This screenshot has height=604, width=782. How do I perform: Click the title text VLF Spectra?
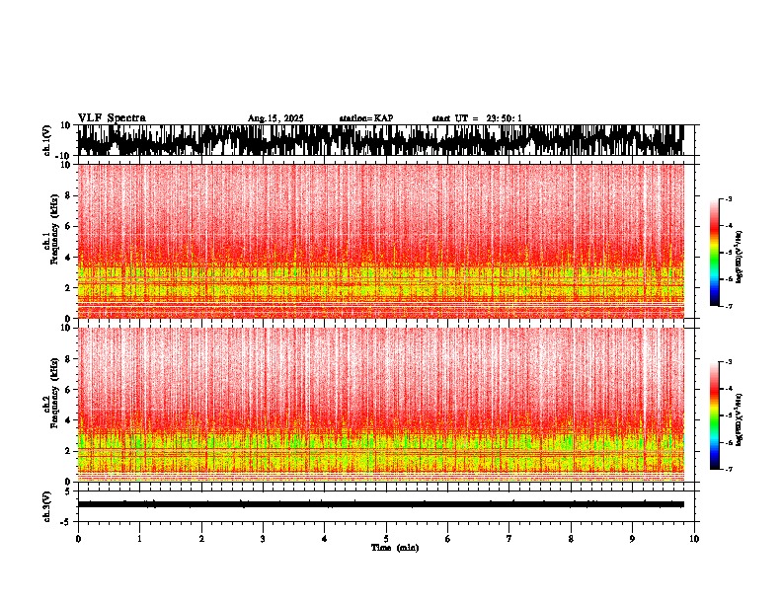(112, 117)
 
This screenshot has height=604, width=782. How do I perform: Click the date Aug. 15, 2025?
(275, 118)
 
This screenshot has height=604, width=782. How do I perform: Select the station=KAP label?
(365, 118)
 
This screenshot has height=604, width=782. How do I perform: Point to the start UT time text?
(477, 118)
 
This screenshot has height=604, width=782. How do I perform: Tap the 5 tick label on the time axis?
(386, 538)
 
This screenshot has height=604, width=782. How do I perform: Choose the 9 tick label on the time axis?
(633, 538)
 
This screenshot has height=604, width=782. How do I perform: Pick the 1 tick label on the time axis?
(139, 538)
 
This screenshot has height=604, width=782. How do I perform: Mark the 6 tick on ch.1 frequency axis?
(66, 226)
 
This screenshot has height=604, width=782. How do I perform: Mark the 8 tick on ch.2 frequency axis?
(66, 358)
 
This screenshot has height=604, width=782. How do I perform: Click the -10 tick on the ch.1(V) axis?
(62, 156)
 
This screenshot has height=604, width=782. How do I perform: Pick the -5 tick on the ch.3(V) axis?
(65, 520)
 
